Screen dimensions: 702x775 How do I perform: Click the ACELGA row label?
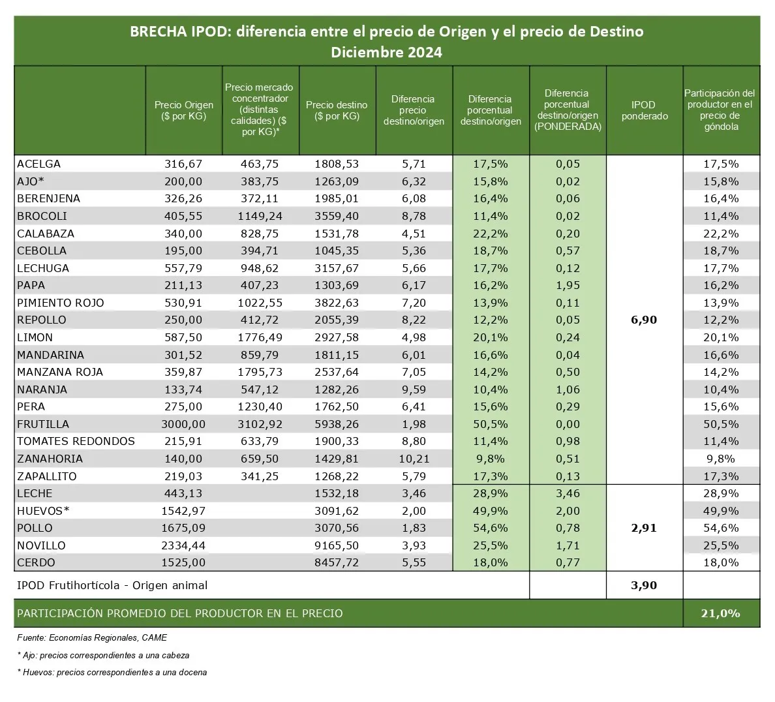point(38,164)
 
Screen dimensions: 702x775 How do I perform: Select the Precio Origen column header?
point(184,110)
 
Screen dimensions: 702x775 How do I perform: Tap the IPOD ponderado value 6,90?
point(644,320)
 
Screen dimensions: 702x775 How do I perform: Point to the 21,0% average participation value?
point(721,613)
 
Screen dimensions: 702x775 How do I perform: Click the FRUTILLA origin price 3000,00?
point(183,424)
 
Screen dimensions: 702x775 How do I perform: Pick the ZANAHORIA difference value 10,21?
point(414,459)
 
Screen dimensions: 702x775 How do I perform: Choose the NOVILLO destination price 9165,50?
point(337,545)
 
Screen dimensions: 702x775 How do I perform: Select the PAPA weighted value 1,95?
point(568,285)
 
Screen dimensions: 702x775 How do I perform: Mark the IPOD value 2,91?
point(644,528)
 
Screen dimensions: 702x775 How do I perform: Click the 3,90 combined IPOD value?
point(644,585)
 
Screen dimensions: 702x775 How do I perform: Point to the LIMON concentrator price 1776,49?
point(260,337)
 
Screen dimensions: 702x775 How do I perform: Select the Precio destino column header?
point(337,110)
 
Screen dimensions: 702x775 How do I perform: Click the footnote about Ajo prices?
point(103,655)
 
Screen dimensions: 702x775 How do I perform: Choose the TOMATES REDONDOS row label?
point(76,441)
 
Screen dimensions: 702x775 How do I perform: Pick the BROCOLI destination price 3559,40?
point(337,216)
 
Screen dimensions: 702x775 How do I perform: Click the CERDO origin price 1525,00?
point(183,562)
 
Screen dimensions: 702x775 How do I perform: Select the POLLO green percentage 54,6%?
point(491,528)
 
